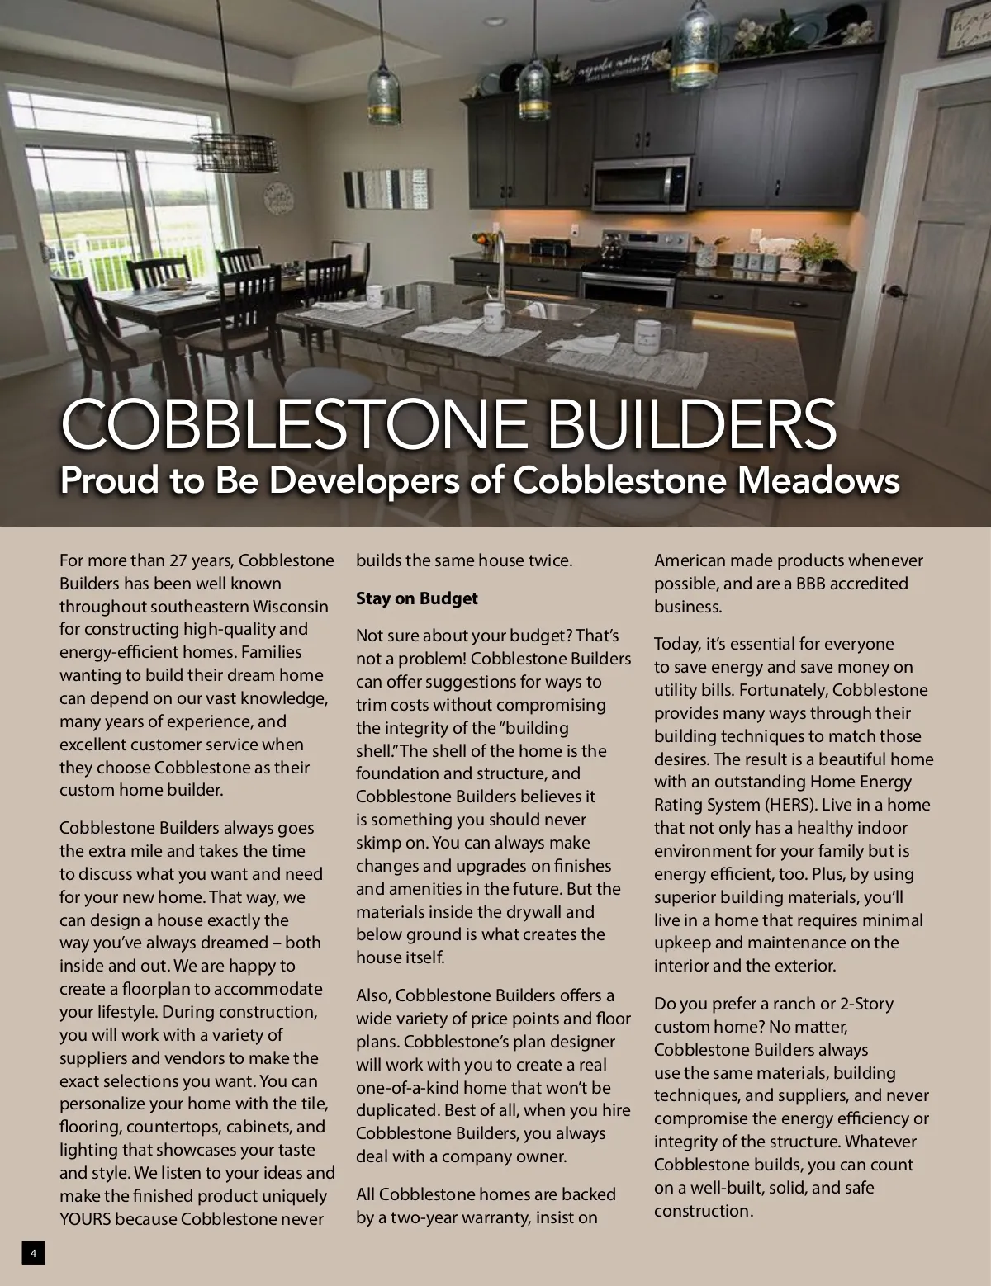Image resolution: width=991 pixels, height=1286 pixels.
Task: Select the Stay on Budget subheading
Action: tap(416, 598)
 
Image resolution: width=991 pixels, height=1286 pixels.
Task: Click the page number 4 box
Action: tap(33, 1253)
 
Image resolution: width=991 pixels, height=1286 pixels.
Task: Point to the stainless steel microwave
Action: tap(640, 183)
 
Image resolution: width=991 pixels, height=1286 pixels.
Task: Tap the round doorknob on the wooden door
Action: tap(894, 291)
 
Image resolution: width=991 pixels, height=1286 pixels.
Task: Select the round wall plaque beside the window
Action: tap(277, 198)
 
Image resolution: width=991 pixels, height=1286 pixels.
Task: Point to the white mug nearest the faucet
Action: tap(495, 316)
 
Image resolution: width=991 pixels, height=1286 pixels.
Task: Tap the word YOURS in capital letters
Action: tap(84, 1219)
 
